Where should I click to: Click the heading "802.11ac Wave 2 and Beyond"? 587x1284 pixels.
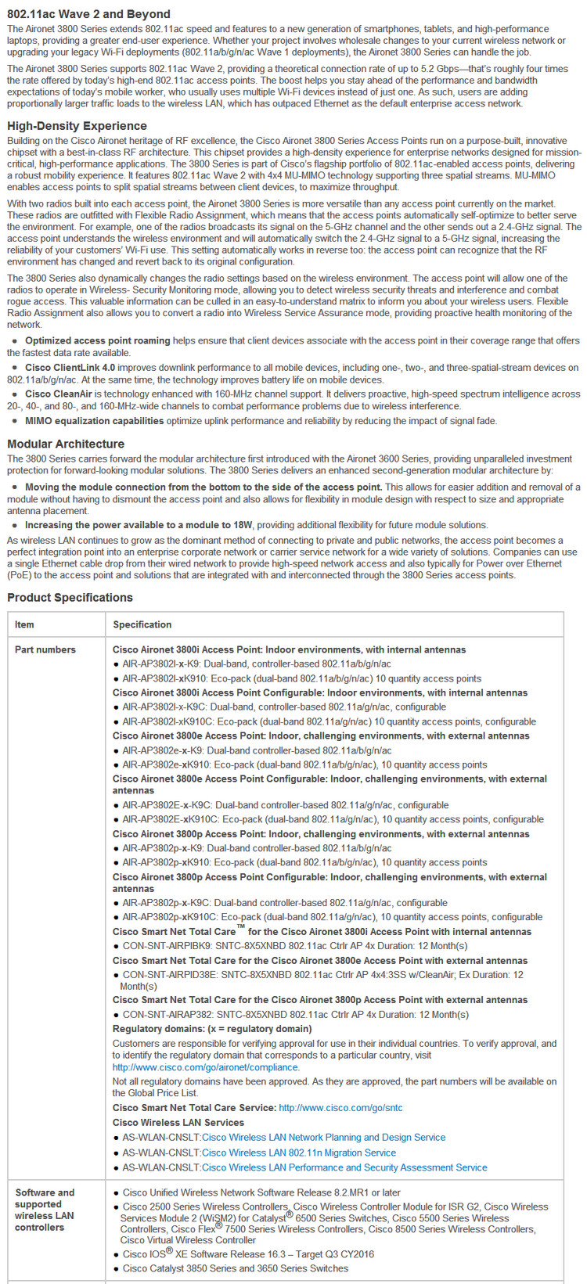[88, 14]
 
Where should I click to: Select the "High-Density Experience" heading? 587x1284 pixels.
[77, 126]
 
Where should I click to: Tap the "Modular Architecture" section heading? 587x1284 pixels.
[66, 444]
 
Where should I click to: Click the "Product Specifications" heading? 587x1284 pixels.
[70, 597]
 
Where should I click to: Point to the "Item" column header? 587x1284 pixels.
[24, 624]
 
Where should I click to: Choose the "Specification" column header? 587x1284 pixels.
[142, 624]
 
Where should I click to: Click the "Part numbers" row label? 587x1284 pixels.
[45, 649]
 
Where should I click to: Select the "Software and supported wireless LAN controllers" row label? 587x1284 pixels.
[45, 1210]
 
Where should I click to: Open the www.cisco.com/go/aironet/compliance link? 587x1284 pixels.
[205, 1066]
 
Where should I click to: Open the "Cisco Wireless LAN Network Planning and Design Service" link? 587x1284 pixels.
[323, 1137]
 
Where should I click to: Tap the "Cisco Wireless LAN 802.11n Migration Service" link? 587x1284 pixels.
[299, 1153]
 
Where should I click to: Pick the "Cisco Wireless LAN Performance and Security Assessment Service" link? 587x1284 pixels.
[344, 1167]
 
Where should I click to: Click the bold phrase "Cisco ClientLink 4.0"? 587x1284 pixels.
[70, 367]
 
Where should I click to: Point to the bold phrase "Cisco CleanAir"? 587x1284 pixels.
[59, 394]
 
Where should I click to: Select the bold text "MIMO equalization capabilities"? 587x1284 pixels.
[94, 421]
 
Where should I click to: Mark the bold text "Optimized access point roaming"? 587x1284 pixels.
[97, 340]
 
